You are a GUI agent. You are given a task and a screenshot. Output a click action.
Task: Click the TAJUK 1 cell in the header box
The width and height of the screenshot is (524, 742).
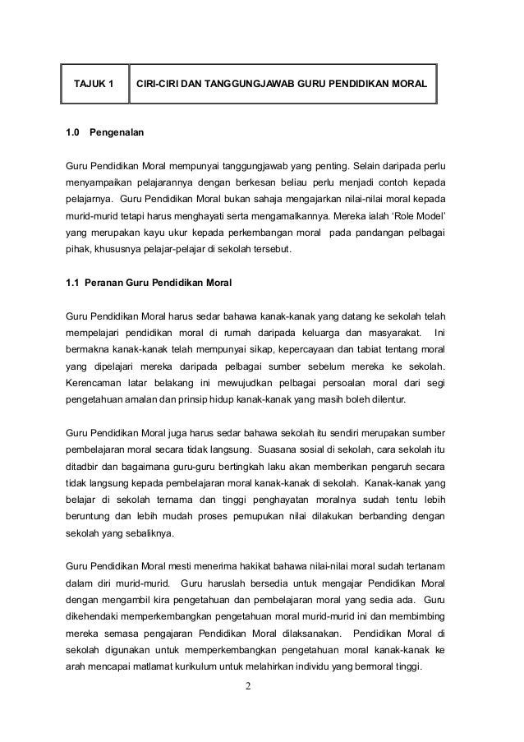94,83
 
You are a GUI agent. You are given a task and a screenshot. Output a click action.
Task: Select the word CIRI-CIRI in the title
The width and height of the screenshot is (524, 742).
159,83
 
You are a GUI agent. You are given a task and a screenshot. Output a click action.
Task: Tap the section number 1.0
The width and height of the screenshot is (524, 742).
73,131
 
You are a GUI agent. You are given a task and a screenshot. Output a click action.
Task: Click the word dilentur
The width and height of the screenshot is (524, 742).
395,403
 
